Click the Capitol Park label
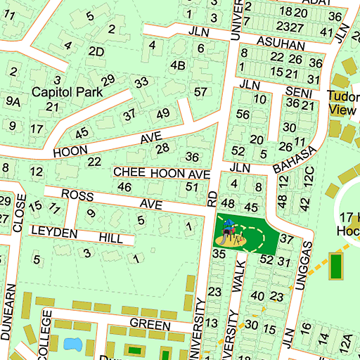click(x=67, y=91)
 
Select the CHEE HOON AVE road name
click(x=162, y=173)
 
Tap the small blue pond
click(x=72, y=344)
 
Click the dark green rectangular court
click(x=336, y=266)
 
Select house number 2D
click(x=96, y=51)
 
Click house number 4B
click(x=178, y=66)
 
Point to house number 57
click(x=201, y=91)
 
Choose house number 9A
click(x=13, y=101)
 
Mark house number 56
click(x=243, y=115)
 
